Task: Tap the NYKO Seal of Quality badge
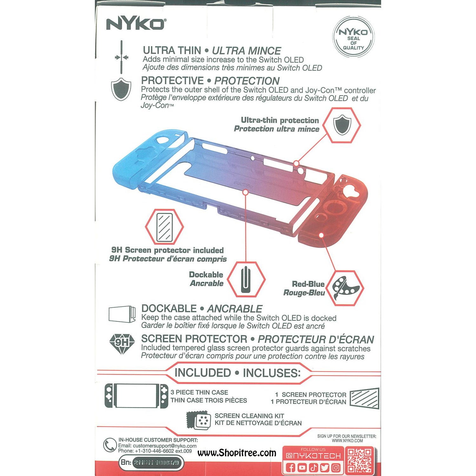[353, 37]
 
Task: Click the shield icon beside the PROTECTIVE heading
[121, 89]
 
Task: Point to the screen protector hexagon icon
[164, 227]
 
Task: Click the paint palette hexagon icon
[345, 288]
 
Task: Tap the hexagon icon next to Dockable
[246, 279]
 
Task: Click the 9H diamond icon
[122, 343]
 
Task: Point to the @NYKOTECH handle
[313, 456]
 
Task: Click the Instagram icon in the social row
[336, 467]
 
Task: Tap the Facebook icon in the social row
[290, 467]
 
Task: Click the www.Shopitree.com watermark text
[237, 453]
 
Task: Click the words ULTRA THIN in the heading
[172, 50]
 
